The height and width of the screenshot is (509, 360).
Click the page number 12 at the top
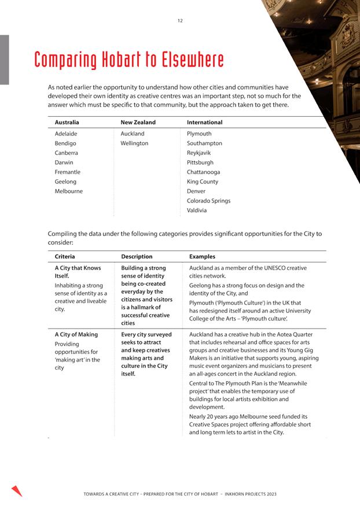pos(180,21)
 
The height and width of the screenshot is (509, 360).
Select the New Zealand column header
pos(138,123)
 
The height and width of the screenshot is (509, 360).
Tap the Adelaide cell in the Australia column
pos(66,134)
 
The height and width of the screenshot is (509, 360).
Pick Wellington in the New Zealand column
pos(134,143)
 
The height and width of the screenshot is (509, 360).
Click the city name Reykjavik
pos(199,153)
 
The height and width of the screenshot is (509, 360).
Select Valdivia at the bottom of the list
pos(197,211)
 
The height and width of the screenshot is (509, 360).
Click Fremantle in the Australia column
pos(68,172)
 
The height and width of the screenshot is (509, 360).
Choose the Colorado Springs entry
pos(208,201)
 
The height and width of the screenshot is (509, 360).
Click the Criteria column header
pos(65,256)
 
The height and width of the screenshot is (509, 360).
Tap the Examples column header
pos(202,256)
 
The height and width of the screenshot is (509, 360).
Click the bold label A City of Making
pos(76,334)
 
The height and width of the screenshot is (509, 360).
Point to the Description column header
pos(137,256)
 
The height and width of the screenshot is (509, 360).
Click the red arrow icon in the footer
pos(17,490)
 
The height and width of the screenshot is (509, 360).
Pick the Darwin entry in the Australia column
pos(64,163)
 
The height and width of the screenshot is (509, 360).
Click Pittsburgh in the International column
pos(200,163)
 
